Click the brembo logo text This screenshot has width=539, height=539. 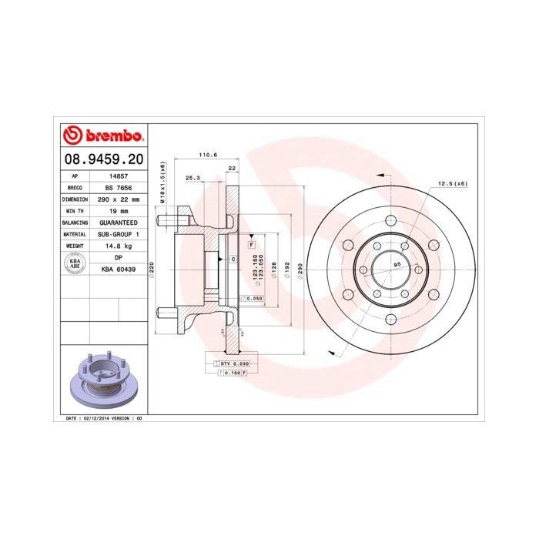[x=112, y=137]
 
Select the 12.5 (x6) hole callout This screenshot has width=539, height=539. [x=452, y=183]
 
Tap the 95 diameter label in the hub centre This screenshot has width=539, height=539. [x=397, y=263]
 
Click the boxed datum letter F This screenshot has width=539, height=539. [x=251, y=244]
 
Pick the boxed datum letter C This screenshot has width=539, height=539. [x=232, y=259]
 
